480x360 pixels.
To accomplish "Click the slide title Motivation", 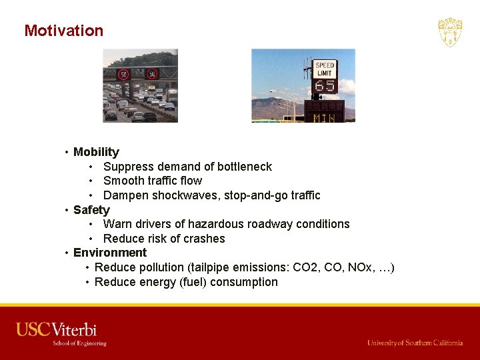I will tap(64, 31).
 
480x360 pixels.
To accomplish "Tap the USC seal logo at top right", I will tap(450, 32).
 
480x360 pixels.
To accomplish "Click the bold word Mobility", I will tap(96, 152).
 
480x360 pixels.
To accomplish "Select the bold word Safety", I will tap(91, 210).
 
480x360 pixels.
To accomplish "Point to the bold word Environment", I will tap(110, 253).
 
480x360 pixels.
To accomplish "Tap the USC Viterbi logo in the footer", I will tap(61, 333).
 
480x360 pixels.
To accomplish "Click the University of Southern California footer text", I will tap(415, 343).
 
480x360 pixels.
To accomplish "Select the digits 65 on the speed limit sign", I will tap(325, 86).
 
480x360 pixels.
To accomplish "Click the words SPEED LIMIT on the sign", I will tap(325, 70).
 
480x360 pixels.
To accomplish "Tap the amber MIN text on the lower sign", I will tap(324, 118).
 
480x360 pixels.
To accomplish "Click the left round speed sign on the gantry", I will tap(123, 75).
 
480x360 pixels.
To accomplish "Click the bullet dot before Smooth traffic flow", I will tap(90, 181).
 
